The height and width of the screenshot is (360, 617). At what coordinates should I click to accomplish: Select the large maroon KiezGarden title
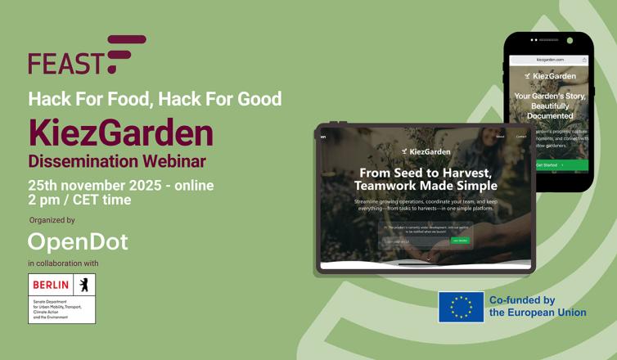click(x=121, y=133)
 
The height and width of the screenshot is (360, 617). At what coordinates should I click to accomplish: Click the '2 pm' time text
click(x=46, y=200)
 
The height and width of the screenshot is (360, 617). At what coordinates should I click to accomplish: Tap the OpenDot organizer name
click(x=78, y=241)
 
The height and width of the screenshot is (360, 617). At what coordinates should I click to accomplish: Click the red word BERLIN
click(x=51, y=285)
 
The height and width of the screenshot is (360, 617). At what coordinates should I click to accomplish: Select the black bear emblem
click(x=83, y=285)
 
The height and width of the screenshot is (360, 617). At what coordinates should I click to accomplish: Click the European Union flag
click(x=461, y=307)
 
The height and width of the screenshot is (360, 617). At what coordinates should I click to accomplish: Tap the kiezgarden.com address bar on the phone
click(x=550, y=60)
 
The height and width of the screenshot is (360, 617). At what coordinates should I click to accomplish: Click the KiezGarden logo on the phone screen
click(x=550, y=76)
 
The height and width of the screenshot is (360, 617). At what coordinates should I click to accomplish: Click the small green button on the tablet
click(x=460, y=241)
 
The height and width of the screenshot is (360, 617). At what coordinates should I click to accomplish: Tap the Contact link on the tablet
click(x=520, y=137)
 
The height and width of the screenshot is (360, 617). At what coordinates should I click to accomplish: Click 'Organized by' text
click(x=52, y=220)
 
